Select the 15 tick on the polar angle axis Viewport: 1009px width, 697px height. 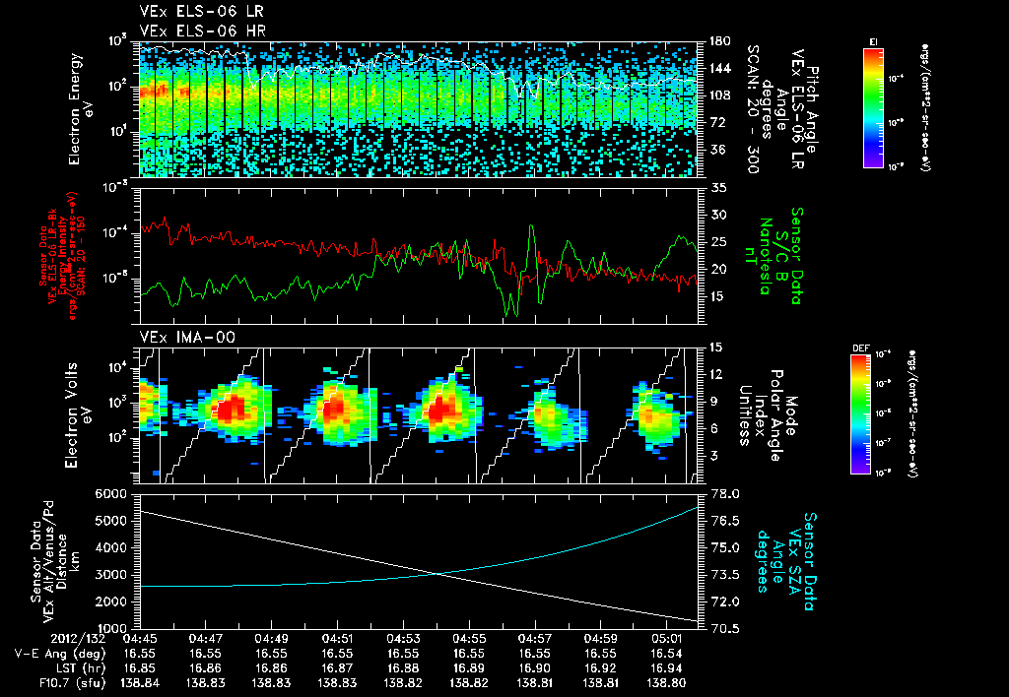715,347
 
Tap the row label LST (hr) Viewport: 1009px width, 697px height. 77,667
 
